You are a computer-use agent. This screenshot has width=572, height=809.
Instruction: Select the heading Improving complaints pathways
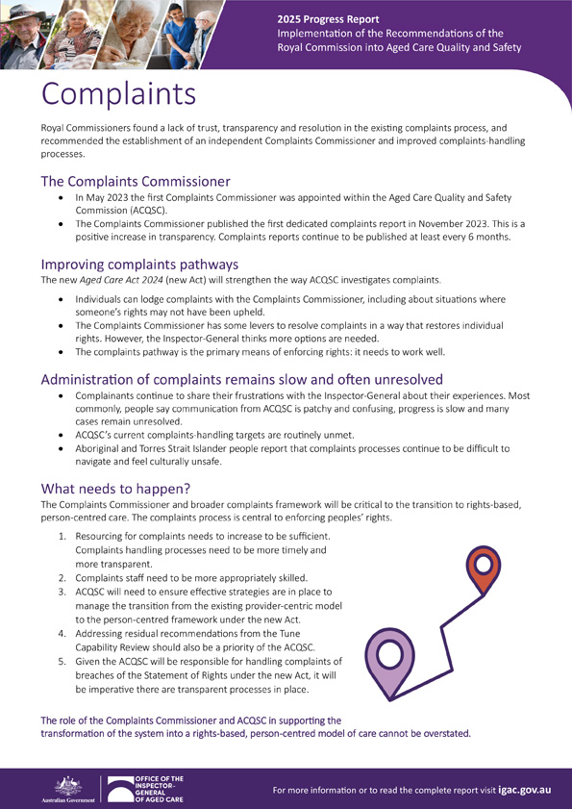pos(139,265)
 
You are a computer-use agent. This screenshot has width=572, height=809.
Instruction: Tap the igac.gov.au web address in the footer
pos(517,790)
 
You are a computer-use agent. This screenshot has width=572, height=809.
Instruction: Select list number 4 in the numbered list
pos(62,634)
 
